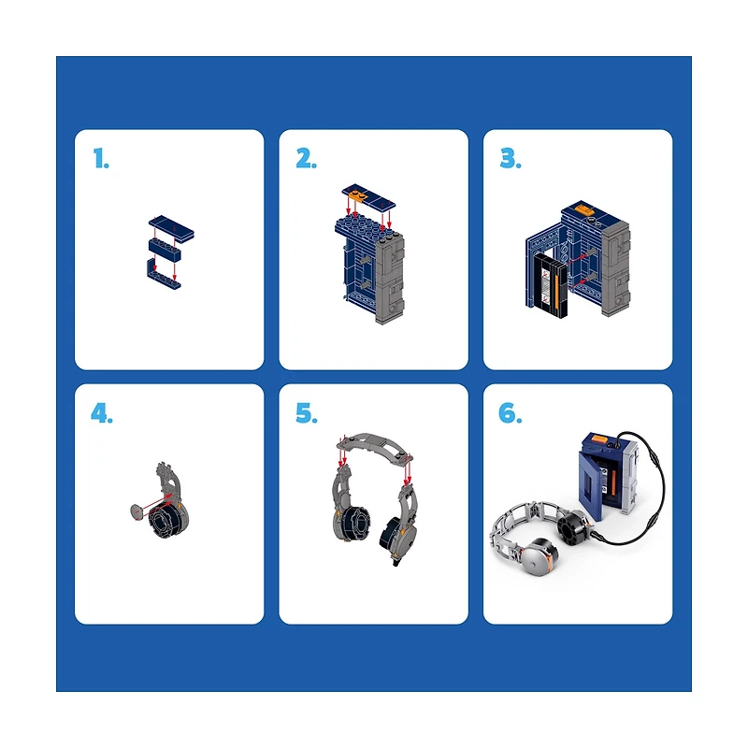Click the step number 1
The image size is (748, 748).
pyautogui.click(x=101, y=158)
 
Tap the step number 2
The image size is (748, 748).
pyautogui.click(x=306, y=158)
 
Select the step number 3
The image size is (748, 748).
pyautogui.click(x=511, y=158)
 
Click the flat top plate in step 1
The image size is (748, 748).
pyautogui.click(x=171, y=226)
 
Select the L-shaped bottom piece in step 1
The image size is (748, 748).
pyautogui.click(x=163, y=276)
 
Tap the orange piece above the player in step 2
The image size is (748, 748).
pyautogui.click(x=357, y=195)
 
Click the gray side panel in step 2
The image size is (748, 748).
pyautogui.click(x=390, y=279)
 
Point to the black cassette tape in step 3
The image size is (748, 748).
pyautogui.click(x=551, y=285)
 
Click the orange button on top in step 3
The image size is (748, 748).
pyautogui.click(x=583, y=209)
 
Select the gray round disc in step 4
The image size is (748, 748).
pyautogui.click(x=136, y=512)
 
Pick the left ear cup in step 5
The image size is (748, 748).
pyautogui.click(x=352, y=524)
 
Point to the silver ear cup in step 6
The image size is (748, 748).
pyautogui.click(x=539, y=556)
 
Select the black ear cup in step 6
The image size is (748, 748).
pyautogui.click(x=574, y=529)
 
